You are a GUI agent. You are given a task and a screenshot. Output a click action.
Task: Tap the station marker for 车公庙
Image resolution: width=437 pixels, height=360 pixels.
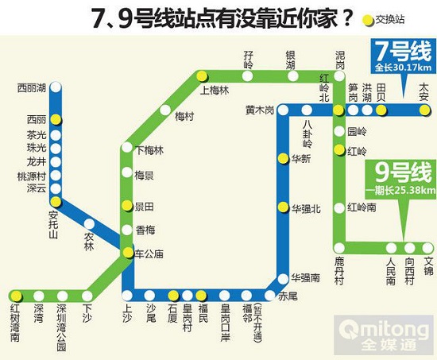click(126, 254)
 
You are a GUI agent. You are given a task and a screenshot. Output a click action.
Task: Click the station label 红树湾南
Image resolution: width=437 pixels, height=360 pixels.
click(14, 321)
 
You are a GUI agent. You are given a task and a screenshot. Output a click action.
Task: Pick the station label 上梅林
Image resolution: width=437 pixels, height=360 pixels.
click(215, 91)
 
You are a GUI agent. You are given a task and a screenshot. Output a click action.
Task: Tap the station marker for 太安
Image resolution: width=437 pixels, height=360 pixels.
click(424, 110)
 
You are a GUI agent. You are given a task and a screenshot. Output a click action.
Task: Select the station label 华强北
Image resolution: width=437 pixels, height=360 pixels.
click(306, 208)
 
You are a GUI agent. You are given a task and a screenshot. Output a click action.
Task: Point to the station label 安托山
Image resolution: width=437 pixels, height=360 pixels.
click(53, 225)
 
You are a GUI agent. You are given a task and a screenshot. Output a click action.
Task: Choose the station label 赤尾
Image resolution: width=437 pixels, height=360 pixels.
click(288, 296)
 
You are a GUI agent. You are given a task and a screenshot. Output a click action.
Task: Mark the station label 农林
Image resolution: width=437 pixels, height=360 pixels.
click(89, 241)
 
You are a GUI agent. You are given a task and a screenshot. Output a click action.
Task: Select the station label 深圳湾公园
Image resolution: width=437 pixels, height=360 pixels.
click(62, 321)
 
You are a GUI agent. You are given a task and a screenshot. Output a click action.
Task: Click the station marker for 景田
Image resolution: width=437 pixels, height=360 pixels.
click(126, 206)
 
